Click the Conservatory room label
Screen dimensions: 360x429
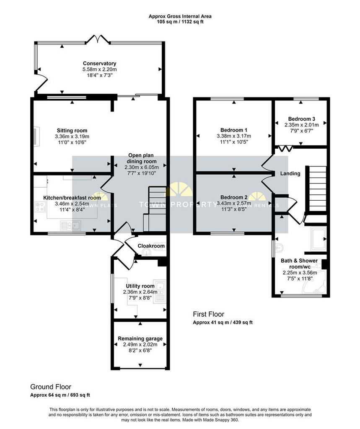[x=100, y=64]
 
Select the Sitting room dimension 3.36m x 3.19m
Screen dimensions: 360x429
[x=72, y=136]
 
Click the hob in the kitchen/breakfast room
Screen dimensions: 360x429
[x=40, y=207]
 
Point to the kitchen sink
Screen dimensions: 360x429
[x=70, y=225]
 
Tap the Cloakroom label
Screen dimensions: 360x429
[x=151, y=246]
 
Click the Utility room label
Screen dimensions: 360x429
[x=140, y=286]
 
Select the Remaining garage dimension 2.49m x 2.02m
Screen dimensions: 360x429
[x=140, y=344]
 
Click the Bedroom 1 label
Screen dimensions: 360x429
[x=234, y=130]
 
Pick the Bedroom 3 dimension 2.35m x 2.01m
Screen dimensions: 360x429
[x=301, y=125]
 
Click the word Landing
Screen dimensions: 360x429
[x=290, y=173]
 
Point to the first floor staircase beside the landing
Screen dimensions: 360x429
[x=318, y=189]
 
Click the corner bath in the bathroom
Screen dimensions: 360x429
[x=314, y=283]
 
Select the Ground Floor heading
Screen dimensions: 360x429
[x=51, y=387]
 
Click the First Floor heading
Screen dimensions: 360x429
[x=209, y=314]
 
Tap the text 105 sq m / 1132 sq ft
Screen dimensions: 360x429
[x=180, y=22]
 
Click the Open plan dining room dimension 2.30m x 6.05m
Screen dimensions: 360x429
[x=142, y=167]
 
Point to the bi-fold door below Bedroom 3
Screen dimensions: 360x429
[x=285, y=149]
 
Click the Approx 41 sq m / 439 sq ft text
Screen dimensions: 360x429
[x=223, y=322]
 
